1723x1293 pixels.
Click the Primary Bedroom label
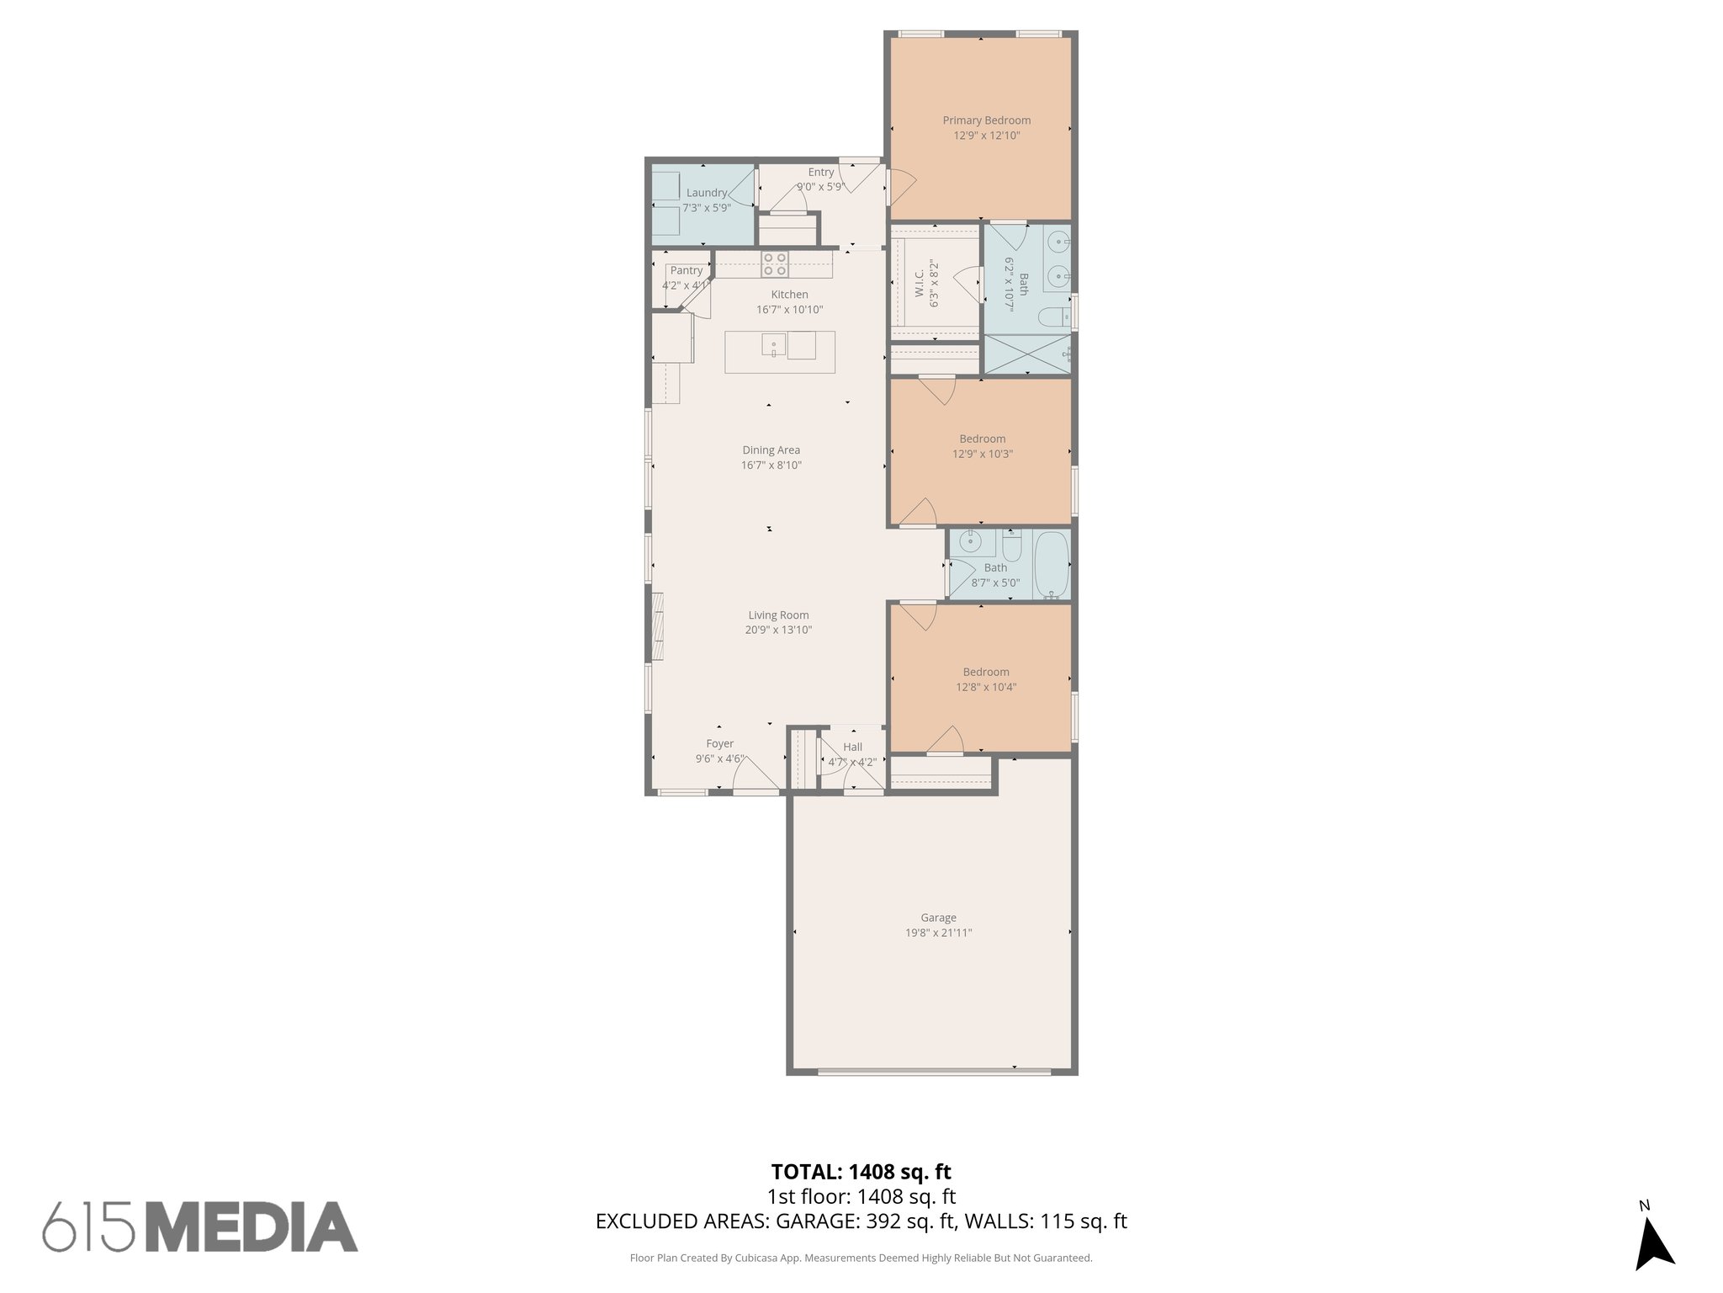(x=986, y=120)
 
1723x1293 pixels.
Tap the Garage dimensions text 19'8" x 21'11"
(x=938, y=933)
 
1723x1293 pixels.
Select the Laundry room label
(x=706, y=193)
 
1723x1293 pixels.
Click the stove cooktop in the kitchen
(x=775, y=264)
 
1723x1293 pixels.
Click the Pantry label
(x=686, y=270)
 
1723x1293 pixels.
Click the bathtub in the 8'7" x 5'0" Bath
(x=1050, y=563)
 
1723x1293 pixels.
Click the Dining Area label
(x=771, y=450)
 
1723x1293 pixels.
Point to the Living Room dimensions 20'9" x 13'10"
(x=777, y=630)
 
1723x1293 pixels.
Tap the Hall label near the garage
(x=852, y=747)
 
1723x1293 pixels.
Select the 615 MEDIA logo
(x=200, y=1226)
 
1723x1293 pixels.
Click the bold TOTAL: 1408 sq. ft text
(x=861, y=1172)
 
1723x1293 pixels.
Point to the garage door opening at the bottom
(x=934, y=1072)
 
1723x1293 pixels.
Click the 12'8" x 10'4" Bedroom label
(x=986, y=672)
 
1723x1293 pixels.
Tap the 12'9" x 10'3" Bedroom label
(x=982, y=439)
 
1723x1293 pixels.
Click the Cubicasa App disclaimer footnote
(x=861, y=1258)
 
